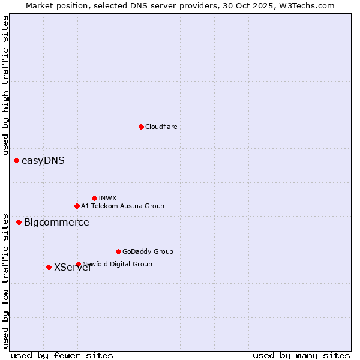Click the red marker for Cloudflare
[141, 127]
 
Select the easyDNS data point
[16, 160]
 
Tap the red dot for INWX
[94, 198]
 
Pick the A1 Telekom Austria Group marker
[77, 206]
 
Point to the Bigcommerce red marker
[19, 222]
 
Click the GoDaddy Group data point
[118, 251]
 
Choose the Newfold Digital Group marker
[78, 264]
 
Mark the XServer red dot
[49, 267]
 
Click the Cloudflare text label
[161, 127]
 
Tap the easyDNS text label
[43, 160]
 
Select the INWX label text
[107, 198]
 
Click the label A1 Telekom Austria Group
[122, 206]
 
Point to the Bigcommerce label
[56, 222]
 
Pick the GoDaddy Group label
[148, 251]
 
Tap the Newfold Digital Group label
[118, 264]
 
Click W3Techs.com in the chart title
[309, 5]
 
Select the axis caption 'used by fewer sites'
[62, 355]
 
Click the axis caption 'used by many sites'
[301, 355]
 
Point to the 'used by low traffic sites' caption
[5, 280]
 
